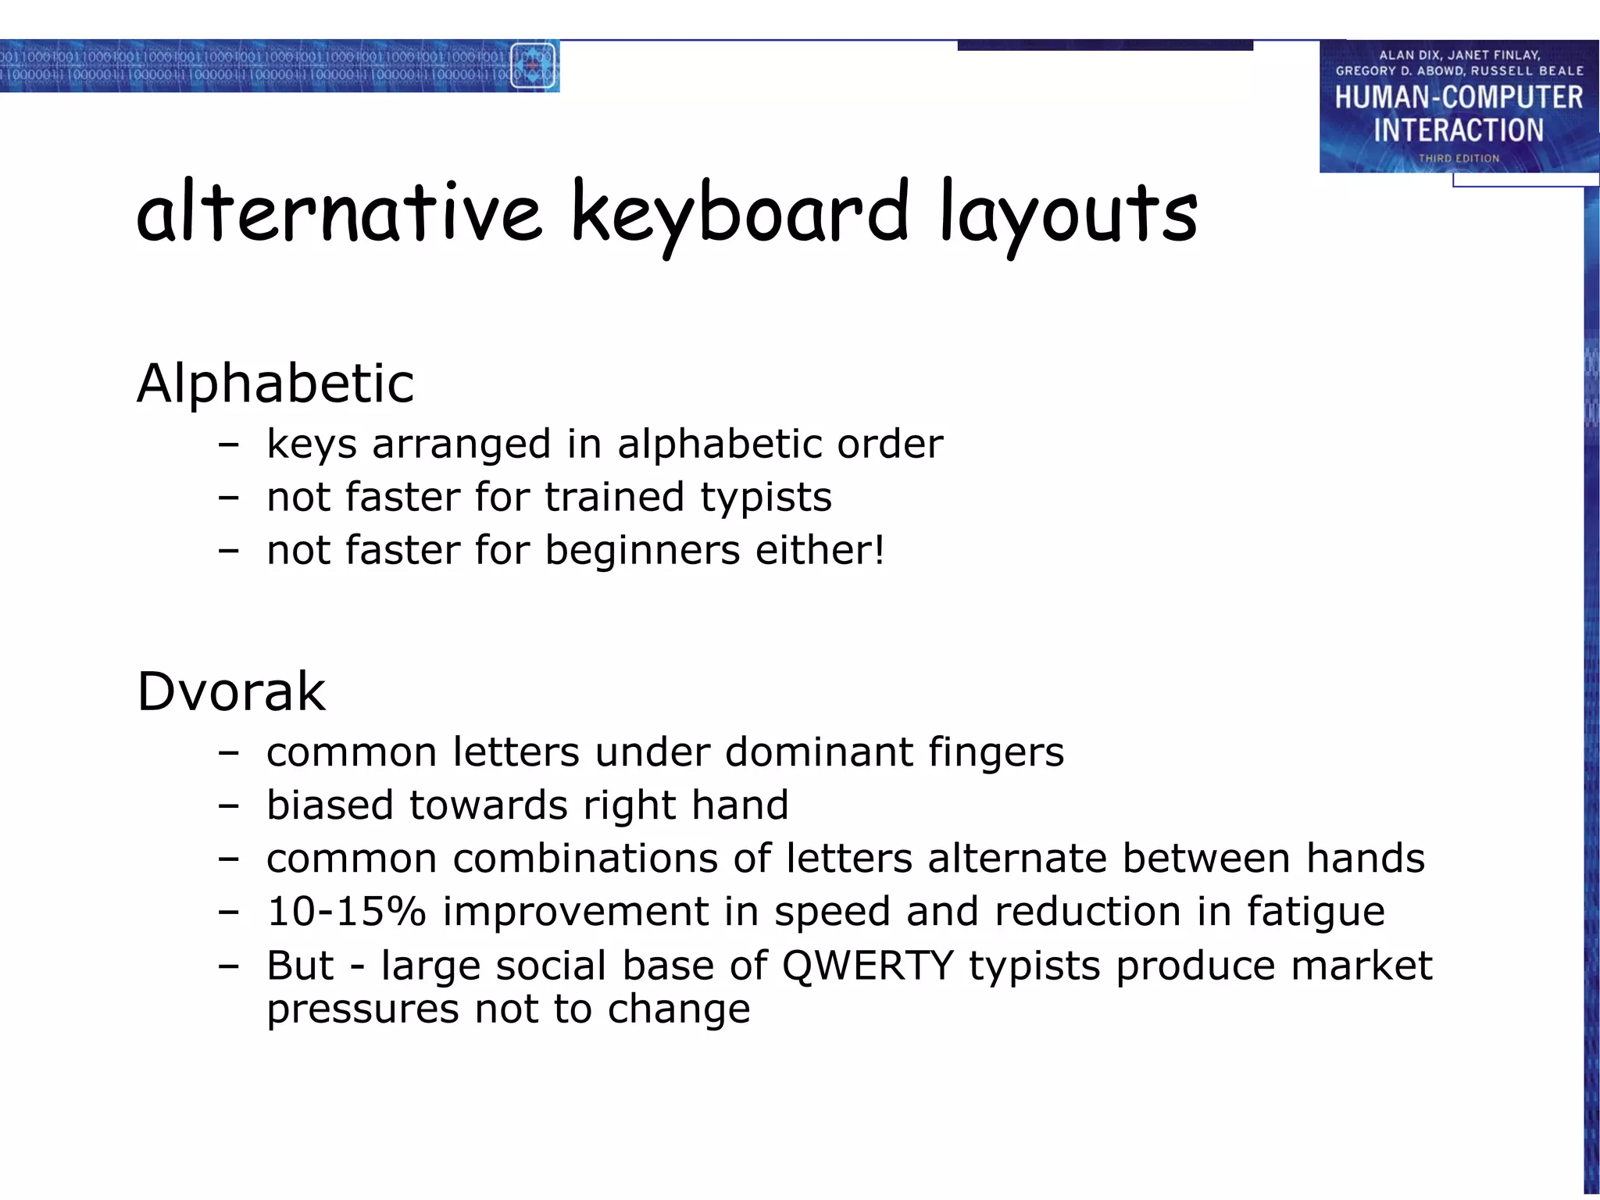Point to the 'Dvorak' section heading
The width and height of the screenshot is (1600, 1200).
click(231, 691)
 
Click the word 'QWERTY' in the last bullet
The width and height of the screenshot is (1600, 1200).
click(867, 965)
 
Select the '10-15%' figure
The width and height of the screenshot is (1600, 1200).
click(346, 911)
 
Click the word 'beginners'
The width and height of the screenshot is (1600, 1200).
click(642, 549)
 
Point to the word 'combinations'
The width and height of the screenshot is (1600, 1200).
click(585, 858)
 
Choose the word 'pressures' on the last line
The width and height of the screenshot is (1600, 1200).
click(362, 1009)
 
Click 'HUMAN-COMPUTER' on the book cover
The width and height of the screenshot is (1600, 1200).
click(1459, 98)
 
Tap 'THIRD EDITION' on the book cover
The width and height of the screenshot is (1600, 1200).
click(1459, 158)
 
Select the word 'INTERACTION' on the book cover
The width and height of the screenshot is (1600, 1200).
click(1459, 130)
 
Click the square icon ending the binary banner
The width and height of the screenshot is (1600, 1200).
click(533, 66)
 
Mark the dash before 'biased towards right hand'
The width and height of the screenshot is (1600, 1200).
click(228, 805)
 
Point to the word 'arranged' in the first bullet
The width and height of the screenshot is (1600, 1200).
click(462, 444)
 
